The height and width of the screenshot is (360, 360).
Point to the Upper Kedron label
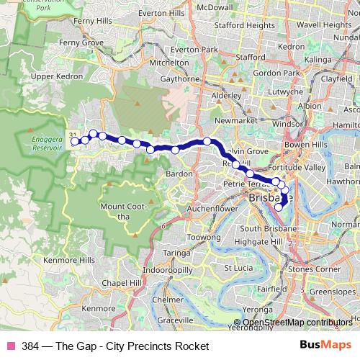point(53,76)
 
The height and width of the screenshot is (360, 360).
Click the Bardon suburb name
point(179,174)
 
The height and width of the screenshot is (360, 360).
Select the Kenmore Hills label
point(69,260)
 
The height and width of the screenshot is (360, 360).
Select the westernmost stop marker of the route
point(75,141)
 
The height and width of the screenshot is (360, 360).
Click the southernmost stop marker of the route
point(279,208)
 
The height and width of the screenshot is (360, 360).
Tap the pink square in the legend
point(11,346)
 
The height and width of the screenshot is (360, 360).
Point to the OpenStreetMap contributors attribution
point(297,323)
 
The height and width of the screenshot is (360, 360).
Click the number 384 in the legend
point(31,346)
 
